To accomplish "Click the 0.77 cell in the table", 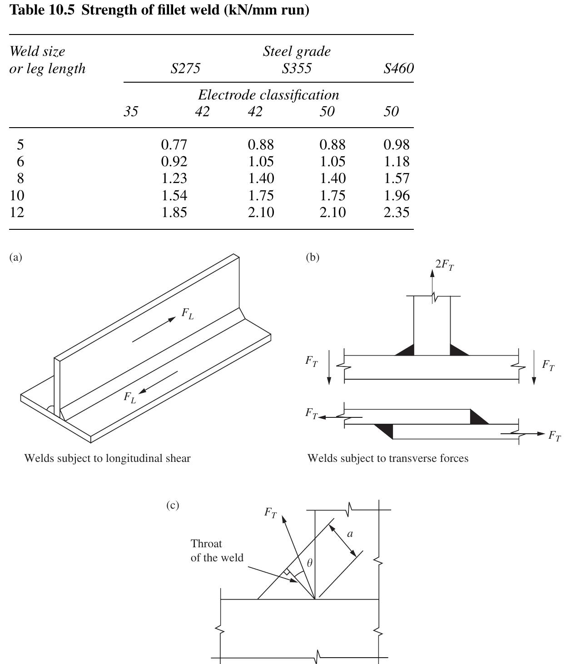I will pos(174,144).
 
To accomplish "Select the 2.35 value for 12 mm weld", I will pos(396,212).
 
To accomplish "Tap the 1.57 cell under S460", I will pos(396,178).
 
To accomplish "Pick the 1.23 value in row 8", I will pos(174,178).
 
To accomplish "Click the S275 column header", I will pos(185,69).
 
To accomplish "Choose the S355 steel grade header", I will pos(296,69).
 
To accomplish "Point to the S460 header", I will pos(398,69).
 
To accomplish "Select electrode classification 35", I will pos(131,112).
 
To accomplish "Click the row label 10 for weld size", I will pos(17,195).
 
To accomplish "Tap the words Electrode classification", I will pos(268,95).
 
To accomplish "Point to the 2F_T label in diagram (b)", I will pos(444,265).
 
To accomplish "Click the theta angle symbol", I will pos(310,563).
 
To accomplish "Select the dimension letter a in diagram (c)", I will pos(350,534).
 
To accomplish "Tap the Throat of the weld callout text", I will pos(217,550).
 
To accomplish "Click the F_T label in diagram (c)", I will pos(270,513).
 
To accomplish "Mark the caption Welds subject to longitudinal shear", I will pos(107,458).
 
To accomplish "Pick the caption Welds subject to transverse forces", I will pos(387,458).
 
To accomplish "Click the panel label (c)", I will pos(173,505).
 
